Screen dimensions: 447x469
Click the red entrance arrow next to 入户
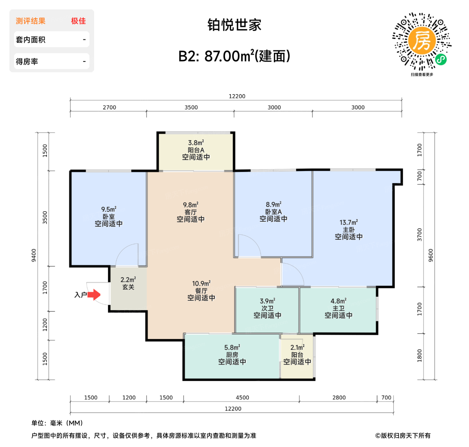click(x=94, y=295)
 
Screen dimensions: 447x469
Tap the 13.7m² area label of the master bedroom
click(x=348, y=222)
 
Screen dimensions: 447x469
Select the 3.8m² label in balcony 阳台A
click(x=196, y=143)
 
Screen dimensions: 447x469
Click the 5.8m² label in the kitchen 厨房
click(x=232, y=348)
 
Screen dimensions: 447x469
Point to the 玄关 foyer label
click(x=128, y=287)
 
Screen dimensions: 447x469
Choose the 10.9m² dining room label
click(x=201, y=284)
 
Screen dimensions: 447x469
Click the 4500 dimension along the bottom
click(x=242, y=397)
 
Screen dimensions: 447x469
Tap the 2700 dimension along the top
click(x=109, y=107)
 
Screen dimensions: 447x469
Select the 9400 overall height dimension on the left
click(x=33, y=255)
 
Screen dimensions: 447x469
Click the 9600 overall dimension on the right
click(x=431, y=255)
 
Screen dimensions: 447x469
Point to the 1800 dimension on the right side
click(x=419, y=356)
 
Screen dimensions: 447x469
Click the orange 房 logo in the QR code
click(x=422, y=41)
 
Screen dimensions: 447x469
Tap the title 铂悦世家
click(x=234, y=25)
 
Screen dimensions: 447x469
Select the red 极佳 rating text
click(x=78, y=21)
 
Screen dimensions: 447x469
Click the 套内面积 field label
click(x=30, y=40)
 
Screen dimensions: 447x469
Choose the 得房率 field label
click(x=27, y=62)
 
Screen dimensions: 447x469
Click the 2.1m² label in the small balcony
click(x=297, y=348)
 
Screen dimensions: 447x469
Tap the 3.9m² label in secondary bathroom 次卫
click(x=267, y=301)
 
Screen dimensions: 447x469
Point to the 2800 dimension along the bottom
click(x=339, y=397)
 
